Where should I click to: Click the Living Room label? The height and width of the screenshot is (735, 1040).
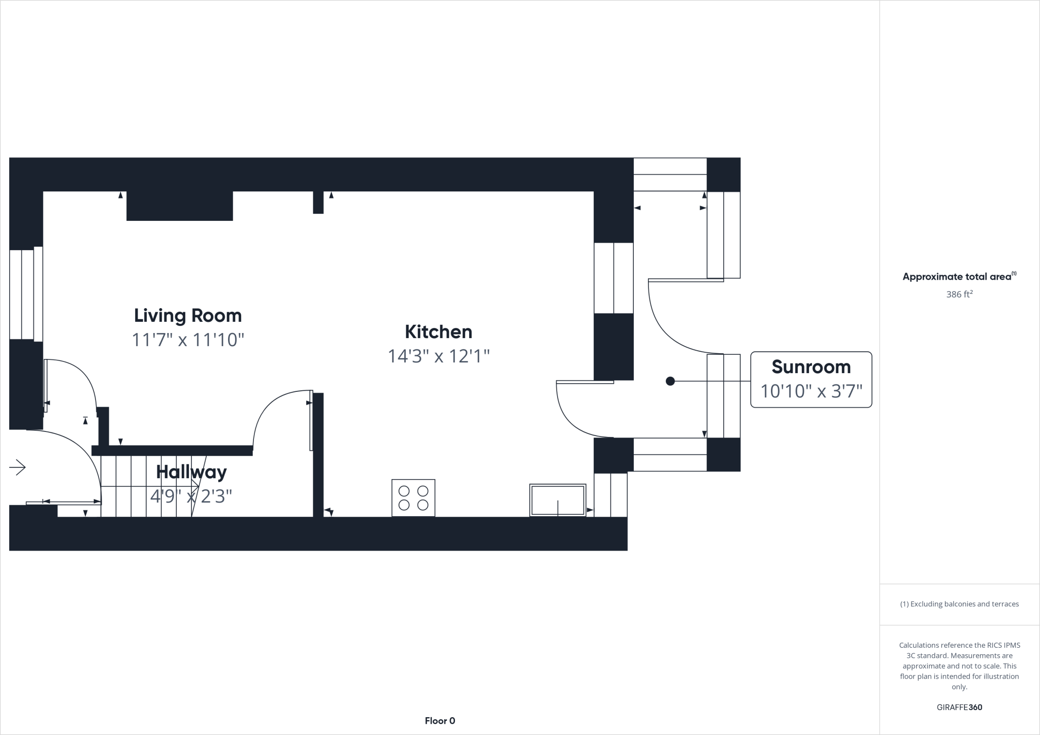pyautogui.click(x=187, y=316)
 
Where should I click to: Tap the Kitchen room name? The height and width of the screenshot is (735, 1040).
pyautogui.click(x=438, y=332)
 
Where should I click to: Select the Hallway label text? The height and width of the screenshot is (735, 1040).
pyautogui.click(x=191, y=472)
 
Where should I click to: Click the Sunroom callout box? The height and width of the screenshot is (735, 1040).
pyautogui.click(x=811, y=379)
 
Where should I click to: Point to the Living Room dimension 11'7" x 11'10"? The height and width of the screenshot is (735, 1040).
pyautogui.click(x=188, y=340)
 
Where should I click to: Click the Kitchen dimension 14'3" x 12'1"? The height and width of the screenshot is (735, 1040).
pyautogui.click(x=438, y=356)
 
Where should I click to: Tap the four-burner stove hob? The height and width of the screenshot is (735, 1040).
pyautogui.click(x=413, y=498)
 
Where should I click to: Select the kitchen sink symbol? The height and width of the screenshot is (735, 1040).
pyautogui.click(x=558, y=500)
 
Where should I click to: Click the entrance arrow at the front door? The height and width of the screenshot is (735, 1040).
pyautogui.click(x=18, y=467)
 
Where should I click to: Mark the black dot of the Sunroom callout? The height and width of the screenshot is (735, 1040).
pyautogui.click(x=670, y=381)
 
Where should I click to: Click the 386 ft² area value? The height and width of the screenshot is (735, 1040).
pyautogui.click(x=959, y=294)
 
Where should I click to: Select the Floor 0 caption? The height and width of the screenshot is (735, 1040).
pyautogui.click(x=440, y=721)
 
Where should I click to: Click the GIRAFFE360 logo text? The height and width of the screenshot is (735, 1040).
pyautogui.click(x=959, y=707)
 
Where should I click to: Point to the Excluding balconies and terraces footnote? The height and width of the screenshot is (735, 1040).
pyautogui.click(x=959, y=604)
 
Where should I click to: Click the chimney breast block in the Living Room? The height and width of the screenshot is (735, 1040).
pyautogui.click(x=180, y=206)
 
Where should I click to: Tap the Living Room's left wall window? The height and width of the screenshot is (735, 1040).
pyautogui.click(x=25, y=294)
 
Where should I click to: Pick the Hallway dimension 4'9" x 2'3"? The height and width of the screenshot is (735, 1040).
pyautogui.click(x=191, y=496)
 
